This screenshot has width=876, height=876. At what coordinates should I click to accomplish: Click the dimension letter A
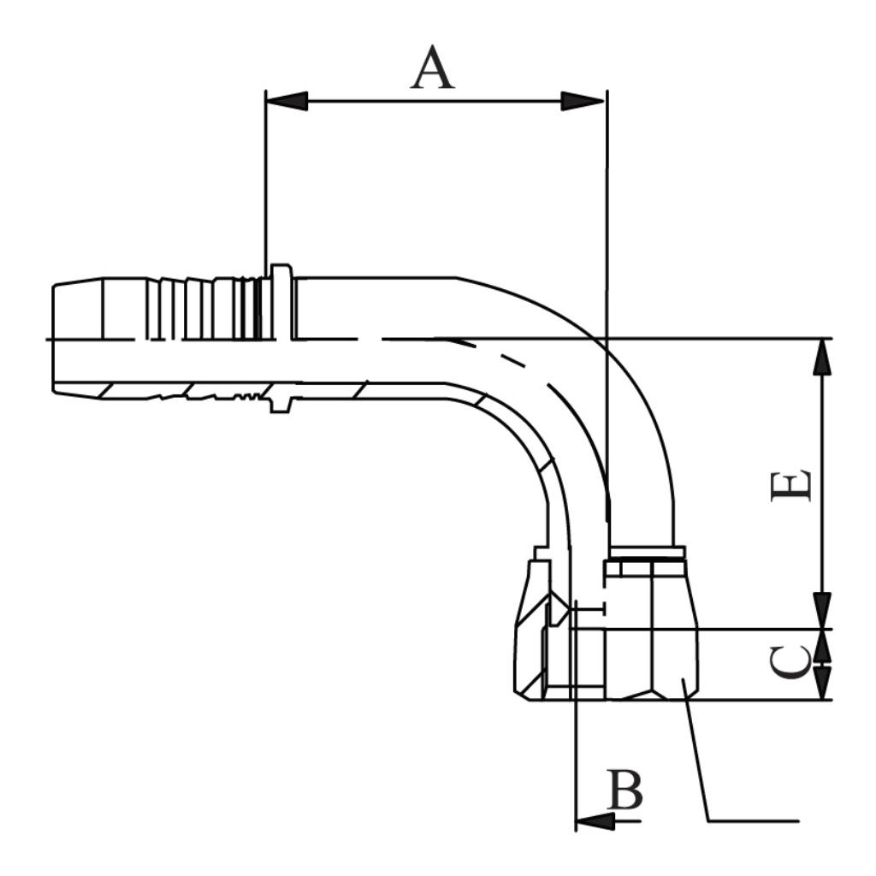click(x=432, y=68)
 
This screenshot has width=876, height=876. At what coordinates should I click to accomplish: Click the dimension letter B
click(x=625, y=790)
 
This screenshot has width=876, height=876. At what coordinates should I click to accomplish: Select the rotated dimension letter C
click(x=790, y=664)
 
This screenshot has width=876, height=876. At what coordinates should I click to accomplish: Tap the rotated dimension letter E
click(x=790, y=486)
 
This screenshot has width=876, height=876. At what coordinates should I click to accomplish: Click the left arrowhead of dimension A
click(x=287, y=101)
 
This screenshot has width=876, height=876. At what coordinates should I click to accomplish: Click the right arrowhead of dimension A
click(x=583, y=101)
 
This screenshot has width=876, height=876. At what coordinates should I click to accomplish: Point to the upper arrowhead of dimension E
click(x=822, y=357)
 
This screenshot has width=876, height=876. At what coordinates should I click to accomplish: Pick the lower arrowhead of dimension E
click(x=822, y=611)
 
